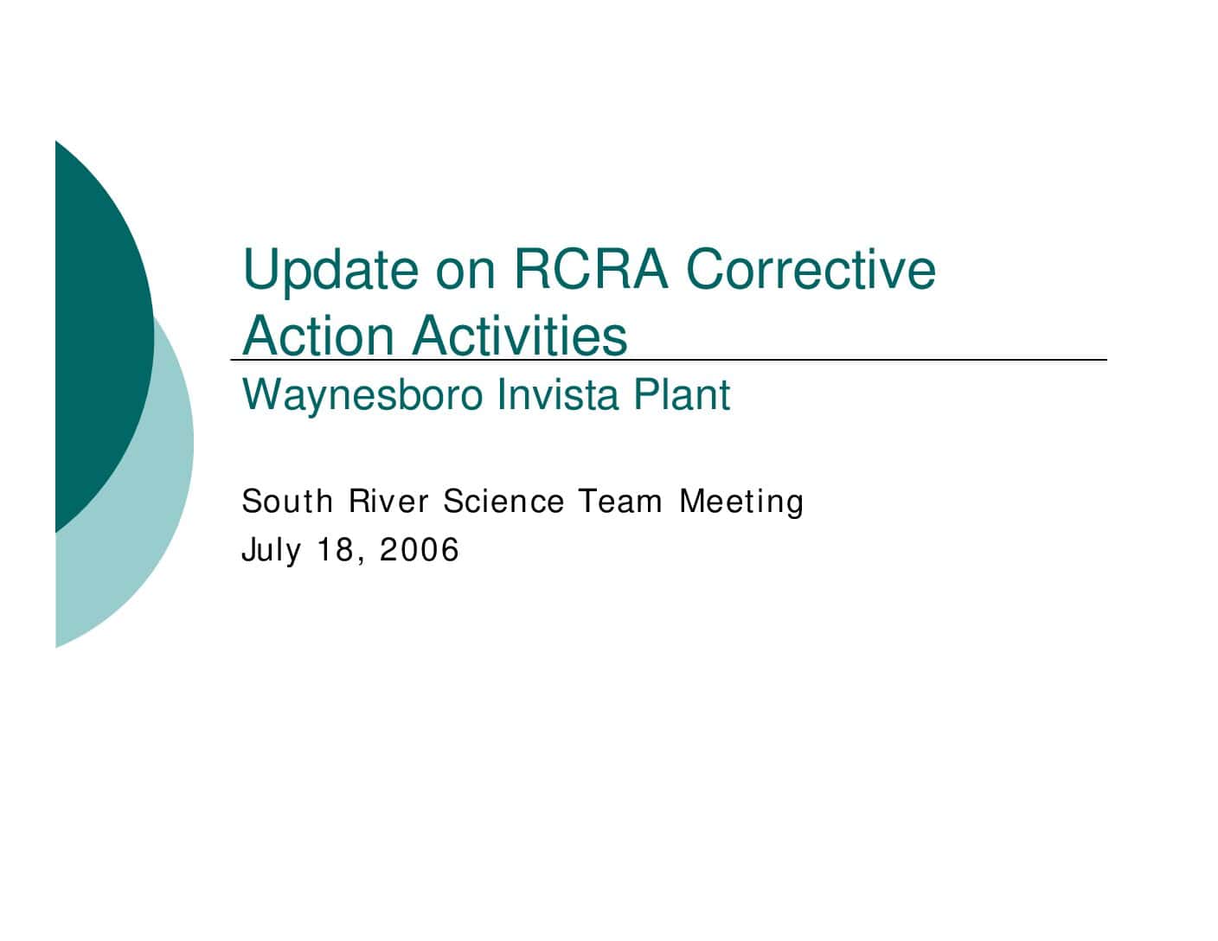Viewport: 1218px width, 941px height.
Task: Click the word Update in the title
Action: [330, 272]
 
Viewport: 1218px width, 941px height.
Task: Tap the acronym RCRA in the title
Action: [591, 269]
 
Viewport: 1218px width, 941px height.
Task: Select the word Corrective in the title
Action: [811, 269]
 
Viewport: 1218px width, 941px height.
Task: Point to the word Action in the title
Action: [317, 336]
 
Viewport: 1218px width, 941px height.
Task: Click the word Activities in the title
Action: [520, 336]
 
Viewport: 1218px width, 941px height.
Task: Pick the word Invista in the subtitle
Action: [558, 394]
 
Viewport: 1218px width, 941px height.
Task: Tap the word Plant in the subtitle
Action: [682, 394]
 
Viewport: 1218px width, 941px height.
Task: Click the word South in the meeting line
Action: [286, 501]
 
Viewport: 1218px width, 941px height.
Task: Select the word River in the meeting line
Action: [388, 501]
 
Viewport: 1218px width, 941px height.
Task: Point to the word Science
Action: [503, 501]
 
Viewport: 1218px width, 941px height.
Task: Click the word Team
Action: [620, 501]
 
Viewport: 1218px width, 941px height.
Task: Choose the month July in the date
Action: [272, 550]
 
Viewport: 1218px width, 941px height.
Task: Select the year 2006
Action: [420, 549]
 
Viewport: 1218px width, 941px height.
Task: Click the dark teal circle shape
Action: [101, 336]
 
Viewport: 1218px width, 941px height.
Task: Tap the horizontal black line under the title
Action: [669, 360]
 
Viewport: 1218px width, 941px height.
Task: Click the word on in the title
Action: [465, 276]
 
